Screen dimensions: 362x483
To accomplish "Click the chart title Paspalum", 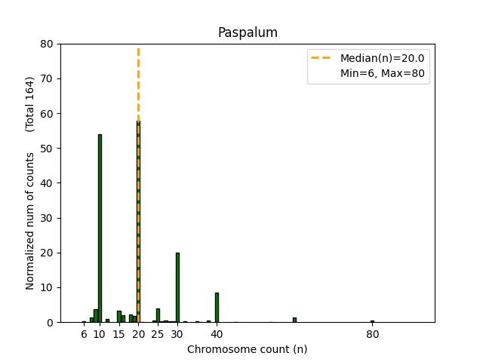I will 247,32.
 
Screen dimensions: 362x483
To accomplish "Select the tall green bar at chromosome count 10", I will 100,226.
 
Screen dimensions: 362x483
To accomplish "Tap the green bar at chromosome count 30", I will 177,287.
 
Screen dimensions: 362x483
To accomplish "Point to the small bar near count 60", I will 294,320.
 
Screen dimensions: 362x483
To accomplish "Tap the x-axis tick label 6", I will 84,334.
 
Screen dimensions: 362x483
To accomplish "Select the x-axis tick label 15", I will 118,334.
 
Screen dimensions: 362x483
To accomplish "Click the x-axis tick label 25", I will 158,334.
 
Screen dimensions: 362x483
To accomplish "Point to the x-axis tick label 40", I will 217,334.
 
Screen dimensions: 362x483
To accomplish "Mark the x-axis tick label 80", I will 372,334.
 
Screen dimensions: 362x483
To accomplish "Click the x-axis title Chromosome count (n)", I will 247,349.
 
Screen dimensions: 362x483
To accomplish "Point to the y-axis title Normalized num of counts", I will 30,220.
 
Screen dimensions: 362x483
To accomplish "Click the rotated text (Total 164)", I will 30,104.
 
